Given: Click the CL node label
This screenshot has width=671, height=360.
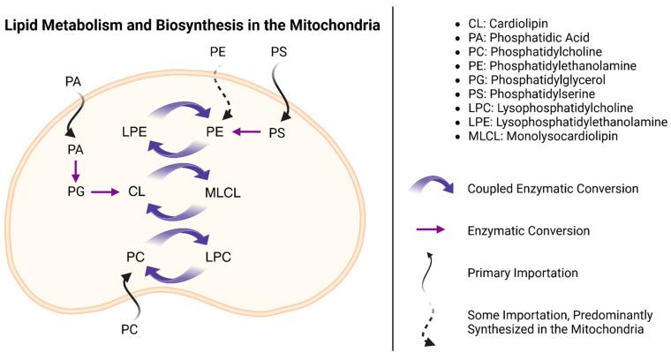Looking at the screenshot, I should pos(136,190).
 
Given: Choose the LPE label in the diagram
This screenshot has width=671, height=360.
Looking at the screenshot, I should pos(135,132).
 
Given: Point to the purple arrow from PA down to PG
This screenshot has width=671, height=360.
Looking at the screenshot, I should pos(76,169).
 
